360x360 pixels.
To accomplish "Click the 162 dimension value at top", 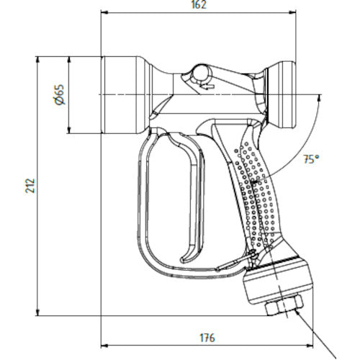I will [199, 5].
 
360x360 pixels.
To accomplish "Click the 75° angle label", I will [311, 160].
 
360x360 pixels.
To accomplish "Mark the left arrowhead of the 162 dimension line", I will [103, 12].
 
